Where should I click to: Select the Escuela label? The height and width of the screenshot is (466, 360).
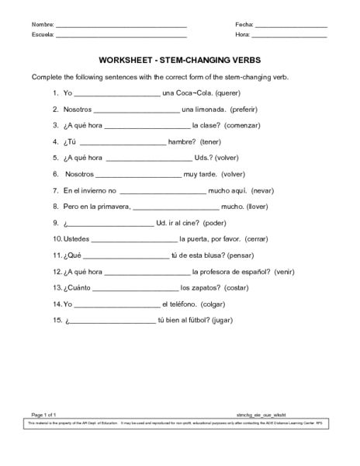coord(43,36)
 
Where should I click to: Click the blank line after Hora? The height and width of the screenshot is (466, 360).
coord(289,37)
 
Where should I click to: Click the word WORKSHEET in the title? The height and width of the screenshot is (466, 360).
coord(133,60)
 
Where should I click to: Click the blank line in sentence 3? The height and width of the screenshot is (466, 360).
coord(147,127)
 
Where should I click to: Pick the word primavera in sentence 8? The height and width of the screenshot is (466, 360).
coord(114,207)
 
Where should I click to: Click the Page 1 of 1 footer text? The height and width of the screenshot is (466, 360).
coord(43,437)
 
